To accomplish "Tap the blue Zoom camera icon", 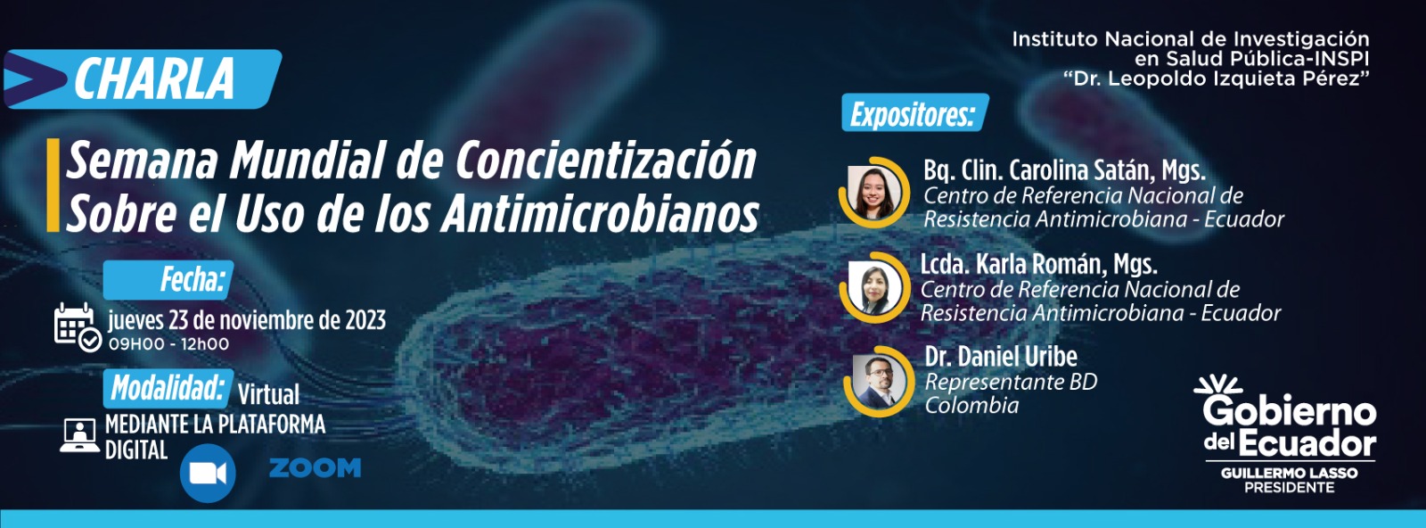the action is [x=208, y=474].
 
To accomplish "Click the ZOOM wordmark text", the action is [x=316, y=468].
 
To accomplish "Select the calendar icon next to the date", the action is [x=78, y=327].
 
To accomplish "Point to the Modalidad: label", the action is [x=168, y=389].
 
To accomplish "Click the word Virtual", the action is [x=268, y=394].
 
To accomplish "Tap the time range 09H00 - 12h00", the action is [x=168, y=344].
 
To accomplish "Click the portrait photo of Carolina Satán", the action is [x=873, y=193].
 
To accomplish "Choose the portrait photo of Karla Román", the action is [x=874, y=288].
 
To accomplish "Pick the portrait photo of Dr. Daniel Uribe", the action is [x=879, y=381].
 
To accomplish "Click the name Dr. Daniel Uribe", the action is [x=1001, y=357].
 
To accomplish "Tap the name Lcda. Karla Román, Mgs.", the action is [x=1038, y=264].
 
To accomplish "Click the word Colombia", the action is [x=971, y=405].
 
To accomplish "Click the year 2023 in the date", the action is [x=365, y=319].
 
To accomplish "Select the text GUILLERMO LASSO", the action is [x=1289, y=474].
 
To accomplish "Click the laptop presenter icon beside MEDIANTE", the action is [x=79, y=435].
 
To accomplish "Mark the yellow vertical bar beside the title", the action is [x=53, y=185].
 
